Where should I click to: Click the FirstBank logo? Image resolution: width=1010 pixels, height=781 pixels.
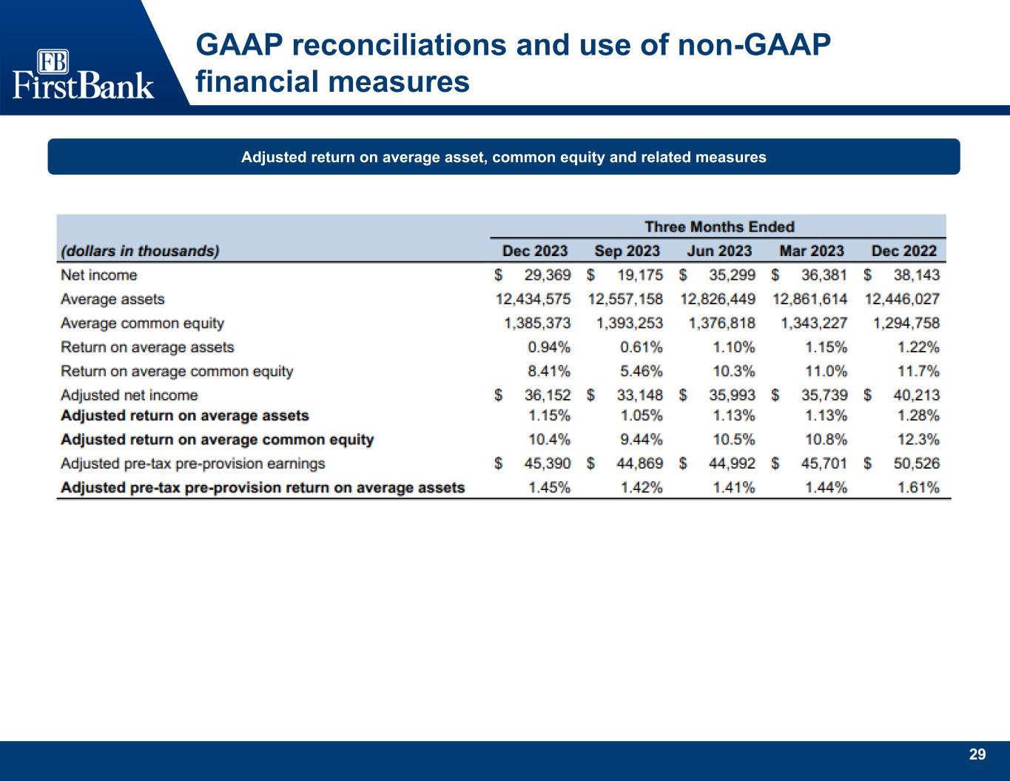tap(83, 75)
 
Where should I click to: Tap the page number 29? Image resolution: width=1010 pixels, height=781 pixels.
tap(977, 754)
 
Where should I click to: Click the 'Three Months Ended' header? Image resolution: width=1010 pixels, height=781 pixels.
tap(718, 227)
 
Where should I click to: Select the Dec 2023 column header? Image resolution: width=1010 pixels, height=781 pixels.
tap(534, 251)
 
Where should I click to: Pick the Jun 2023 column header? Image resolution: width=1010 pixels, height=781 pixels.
tap(718, 251)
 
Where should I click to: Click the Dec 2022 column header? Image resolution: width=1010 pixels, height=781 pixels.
tap(903, 251)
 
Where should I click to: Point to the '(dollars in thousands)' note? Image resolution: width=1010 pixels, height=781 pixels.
tap(140, 251)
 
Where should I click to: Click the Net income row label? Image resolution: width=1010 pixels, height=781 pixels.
tap(98, 275)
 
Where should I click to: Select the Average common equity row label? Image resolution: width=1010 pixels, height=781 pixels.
tap(142, 324)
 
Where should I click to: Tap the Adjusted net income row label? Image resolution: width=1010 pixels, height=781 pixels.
tap(129, 395)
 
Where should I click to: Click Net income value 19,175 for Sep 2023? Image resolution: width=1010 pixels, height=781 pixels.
tap(639, 275)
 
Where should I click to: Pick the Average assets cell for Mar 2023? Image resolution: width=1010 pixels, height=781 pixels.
tap(809, 299)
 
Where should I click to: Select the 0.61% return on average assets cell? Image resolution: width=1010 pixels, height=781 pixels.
tap(641, 347)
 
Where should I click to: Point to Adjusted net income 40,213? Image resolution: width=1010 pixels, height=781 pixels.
tap(916, 395)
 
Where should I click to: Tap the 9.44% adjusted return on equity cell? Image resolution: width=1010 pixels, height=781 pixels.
tap(641, 440)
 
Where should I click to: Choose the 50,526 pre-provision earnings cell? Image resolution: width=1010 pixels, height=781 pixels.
tap(916, 463)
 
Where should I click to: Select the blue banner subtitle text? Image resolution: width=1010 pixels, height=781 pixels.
tap(503, 157)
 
